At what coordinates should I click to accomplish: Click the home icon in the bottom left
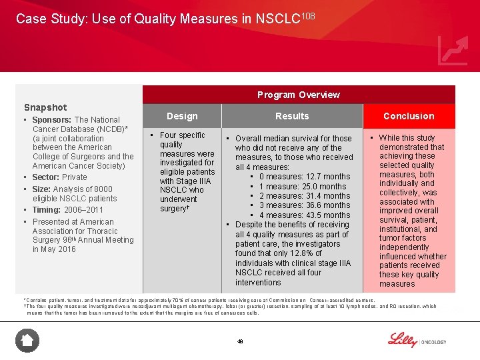click(x=27, y=341)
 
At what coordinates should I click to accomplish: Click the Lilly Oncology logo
click(x=417, y=340)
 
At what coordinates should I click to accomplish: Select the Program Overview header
click(x=298, y=95)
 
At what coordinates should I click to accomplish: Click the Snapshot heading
click(x=45, y=107)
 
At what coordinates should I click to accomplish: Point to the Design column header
click(x=182, y=116)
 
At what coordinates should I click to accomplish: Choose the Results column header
click(x=292, y=116)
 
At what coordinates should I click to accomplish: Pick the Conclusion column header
click(x=409, y=116)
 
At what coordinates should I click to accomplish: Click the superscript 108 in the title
click(x=307, y=15)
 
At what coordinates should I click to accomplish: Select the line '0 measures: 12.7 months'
click(x=304, y=177)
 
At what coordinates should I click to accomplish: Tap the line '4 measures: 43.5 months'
click(x=304, y=215)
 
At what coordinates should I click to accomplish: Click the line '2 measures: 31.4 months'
click(x=304, y=196)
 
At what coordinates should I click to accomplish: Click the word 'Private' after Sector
click(x=75, y=177)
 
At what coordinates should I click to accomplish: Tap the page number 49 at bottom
click(x=240, y=341)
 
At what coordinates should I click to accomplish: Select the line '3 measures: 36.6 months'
click(x=304, y=205)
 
